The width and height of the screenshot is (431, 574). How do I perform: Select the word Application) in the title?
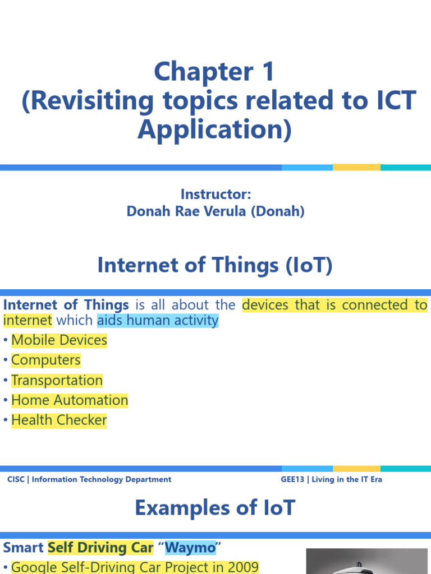pyautogui.click(x=215, y=129)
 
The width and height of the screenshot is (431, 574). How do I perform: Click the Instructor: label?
pyautogui.click(x=215, y=195)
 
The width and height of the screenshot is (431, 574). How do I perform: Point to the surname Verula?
pyautogui.click(x=239, y=211)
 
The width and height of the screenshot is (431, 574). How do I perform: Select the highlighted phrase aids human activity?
pyautogui.click(x=158, y=321)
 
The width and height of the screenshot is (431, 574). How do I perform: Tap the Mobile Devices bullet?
pyautogui.click(x=59, y=340)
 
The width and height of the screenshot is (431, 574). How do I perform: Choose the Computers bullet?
pyautogui.click(x=46, y=360)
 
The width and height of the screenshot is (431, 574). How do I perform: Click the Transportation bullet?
pyautogui.click(x=57, y=381)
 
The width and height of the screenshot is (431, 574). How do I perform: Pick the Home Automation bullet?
pyautogui.click(x=70, y=400)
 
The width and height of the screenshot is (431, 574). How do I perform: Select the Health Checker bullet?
pyautogui.click(x=59, y=420)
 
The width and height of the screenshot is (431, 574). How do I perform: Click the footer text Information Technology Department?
pyautogui.click(x=102, y=480)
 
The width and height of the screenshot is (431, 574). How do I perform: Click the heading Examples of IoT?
pyautogui.click(x=215, y=508)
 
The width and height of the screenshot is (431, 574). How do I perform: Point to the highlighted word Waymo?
pyautogui.click(x=190, y=547)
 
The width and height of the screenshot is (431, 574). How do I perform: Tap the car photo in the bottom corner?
pyautogui.click(x=367, y=562)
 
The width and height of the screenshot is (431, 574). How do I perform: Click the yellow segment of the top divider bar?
pyautogui.click(x=356, y=168)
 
